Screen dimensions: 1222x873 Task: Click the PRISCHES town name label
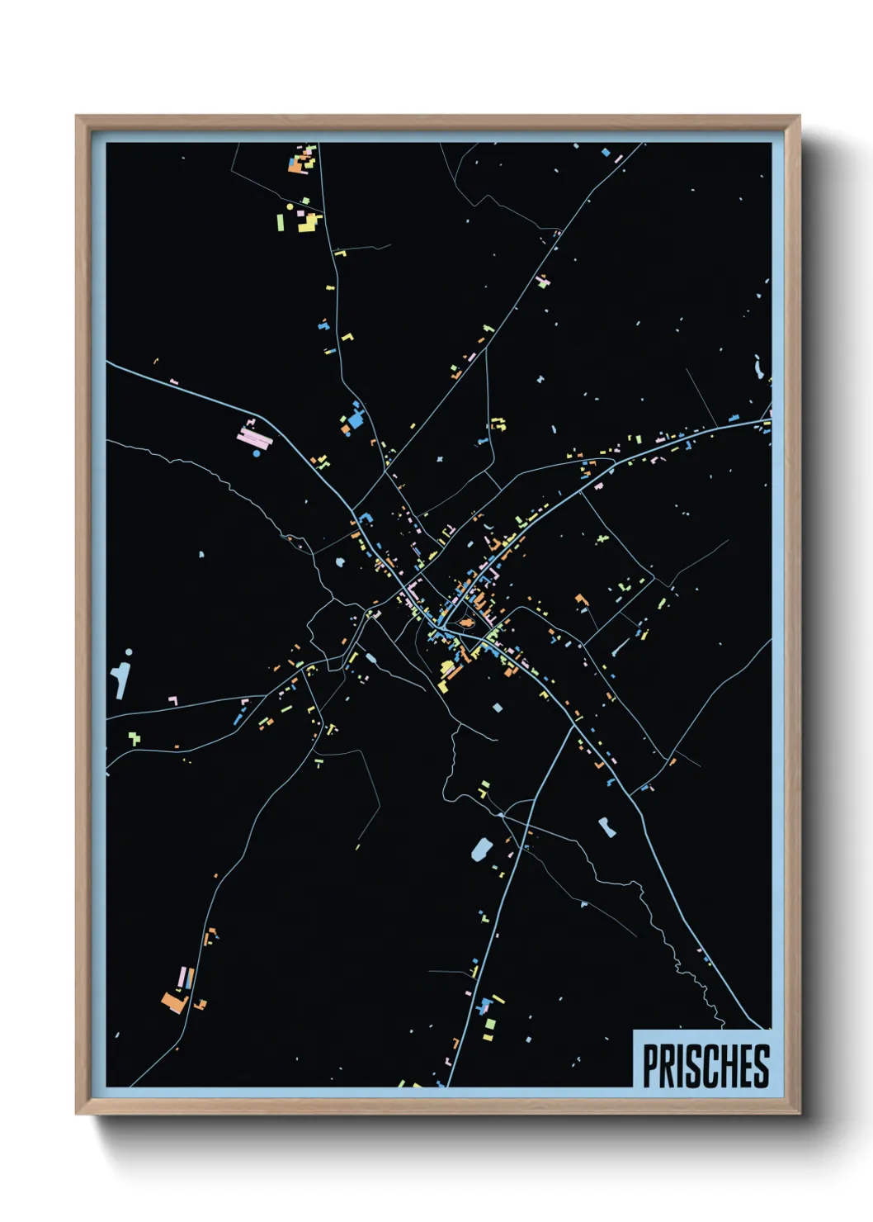click(705, 1066)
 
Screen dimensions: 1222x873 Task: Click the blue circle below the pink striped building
click(257, 453)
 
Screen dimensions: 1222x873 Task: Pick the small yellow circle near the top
click(290, 206)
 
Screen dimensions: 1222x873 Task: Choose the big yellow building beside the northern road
click(308, 222)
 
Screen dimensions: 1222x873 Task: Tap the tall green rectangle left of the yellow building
click(281, 222)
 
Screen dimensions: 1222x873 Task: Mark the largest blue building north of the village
click(356, 419)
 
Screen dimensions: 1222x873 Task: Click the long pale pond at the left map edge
click(122, 677)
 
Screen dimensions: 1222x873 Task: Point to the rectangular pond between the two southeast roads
click(606, 827)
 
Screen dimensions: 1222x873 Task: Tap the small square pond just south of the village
click(497, 708)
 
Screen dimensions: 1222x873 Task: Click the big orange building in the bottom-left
click(175, 1002)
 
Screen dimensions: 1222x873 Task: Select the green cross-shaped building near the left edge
click(134, 737)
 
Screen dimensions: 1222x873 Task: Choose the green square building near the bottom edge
click(489, 1024)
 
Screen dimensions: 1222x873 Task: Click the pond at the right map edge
click(758, 367)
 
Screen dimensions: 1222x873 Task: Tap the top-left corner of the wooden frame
click(77, 116)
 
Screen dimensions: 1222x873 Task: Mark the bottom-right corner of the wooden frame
click(799, 1113)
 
